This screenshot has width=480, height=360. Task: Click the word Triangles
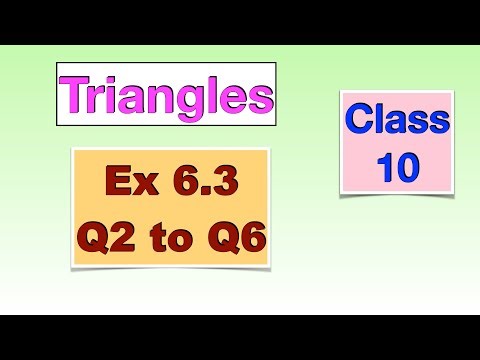tap(166, 94)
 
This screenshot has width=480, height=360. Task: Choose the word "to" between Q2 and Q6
tap(170, 242)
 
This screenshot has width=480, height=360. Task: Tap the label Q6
tap(234, 240)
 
